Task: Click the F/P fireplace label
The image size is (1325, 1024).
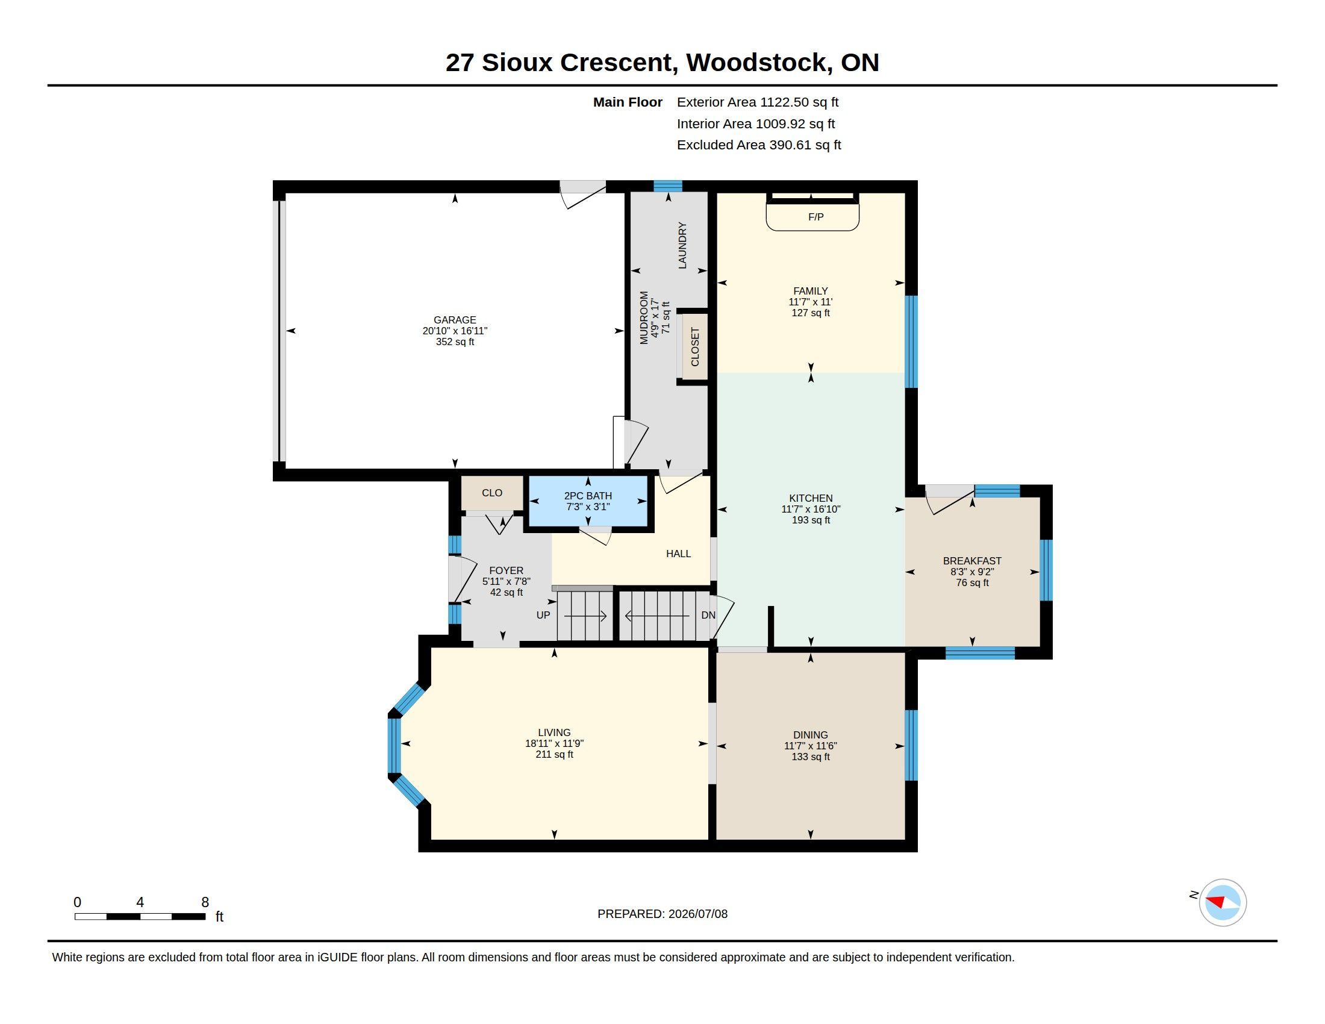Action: (x=815, y=217)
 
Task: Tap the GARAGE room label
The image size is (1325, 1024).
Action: (x=454, y=320)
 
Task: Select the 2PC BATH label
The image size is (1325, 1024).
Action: (x=587, y=496)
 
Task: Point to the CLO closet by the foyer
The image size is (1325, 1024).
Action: (x=492, y=493)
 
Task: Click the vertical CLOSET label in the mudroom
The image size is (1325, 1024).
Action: (x=695, y=347)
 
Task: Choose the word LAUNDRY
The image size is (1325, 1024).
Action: (x=682, y=245)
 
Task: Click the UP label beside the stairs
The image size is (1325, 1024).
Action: (x=543, y=615)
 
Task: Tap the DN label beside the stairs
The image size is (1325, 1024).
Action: (x=708, y=615)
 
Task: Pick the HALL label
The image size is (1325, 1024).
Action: (x=678, y=553)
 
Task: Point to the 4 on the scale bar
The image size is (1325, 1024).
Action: (x=140, y=902)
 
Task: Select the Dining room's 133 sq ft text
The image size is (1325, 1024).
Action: (x=811, y=757)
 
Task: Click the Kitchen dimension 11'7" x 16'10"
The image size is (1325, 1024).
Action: (x=811, y=509)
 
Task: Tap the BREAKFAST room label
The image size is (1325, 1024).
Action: (x=972, y=561)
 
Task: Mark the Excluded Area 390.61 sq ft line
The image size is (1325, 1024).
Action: (x=759, y=145)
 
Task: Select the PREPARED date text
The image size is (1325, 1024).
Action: (x=662, y=914)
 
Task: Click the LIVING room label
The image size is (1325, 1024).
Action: (x=554, y=732)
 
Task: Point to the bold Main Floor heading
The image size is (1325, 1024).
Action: (x=628, y=102)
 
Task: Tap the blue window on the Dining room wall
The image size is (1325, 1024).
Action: (x=911, y=745)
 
